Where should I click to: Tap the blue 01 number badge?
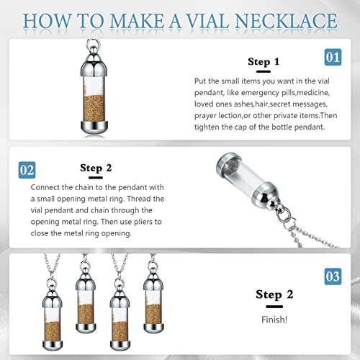click(333, 57)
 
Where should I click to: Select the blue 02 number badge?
click(27, 171)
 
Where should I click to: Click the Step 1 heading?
click(264, 63)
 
